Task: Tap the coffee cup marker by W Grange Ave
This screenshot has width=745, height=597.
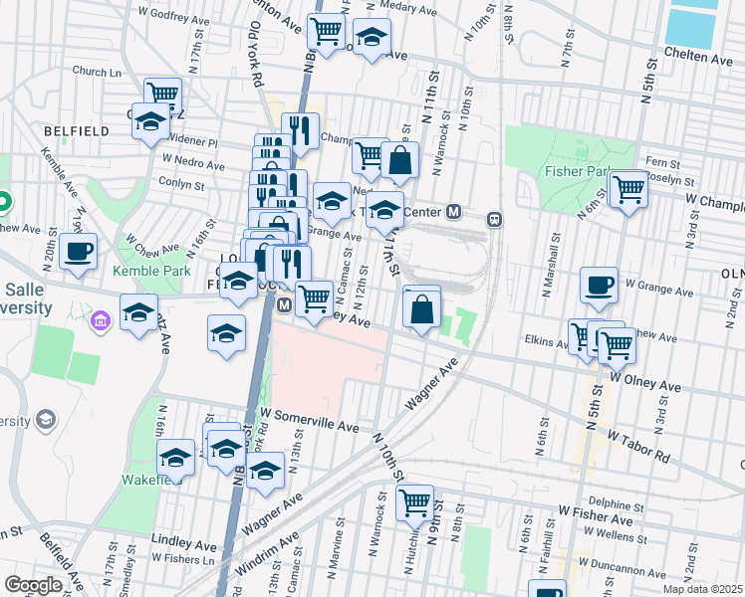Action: [599, 285]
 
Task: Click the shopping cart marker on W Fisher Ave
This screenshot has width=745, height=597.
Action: [413, 501]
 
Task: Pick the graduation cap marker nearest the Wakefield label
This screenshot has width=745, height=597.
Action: [176, 457]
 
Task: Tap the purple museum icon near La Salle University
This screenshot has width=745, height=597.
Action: [99, 321]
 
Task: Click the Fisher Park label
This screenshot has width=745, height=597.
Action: [576, 171]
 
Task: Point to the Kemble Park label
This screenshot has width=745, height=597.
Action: [150, 271]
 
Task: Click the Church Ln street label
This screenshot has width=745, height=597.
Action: [97, 72]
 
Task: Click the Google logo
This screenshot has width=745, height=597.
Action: [33, 585]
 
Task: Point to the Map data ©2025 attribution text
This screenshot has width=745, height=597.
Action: [702, 589]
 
